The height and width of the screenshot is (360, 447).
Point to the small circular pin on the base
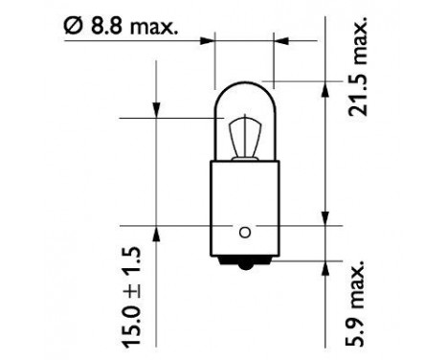click(x=244, y=230)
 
